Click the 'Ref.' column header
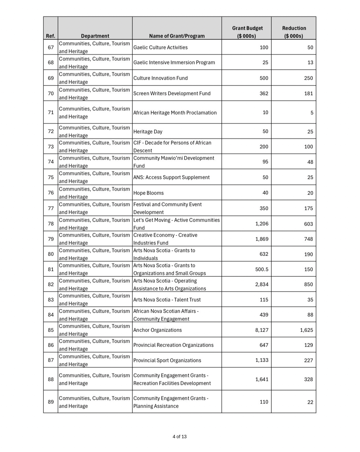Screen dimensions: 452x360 (51, 36)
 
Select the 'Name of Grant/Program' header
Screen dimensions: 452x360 (177, 36)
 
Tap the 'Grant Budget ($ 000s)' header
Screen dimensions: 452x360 (247, 32)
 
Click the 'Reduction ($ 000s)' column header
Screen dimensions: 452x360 (294, 32)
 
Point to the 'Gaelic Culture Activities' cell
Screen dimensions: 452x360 (160, 47)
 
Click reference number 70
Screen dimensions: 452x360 (51, 93)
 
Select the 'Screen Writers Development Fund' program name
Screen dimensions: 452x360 (172, 93)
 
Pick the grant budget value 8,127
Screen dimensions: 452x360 (262, 330)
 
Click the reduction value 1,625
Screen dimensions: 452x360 (306, 330)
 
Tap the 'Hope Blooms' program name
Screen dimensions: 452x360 (148, 193)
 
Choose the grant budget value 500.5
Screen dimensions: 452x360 (262, 269)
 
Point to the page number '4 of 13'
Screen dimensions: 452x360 (180, 437)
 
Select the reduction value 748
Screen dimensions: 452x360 (308, 239)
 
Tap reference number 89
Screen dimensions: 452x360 (51, 402)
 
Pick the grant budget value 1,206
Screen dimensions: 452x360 (262, 224)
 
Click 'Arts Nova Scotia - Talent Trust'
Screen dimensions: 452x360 (167, 300)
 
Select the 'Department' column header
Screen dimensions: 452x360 (95, 36)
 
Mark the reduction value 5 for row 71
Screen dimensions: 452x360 (311, 113)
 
